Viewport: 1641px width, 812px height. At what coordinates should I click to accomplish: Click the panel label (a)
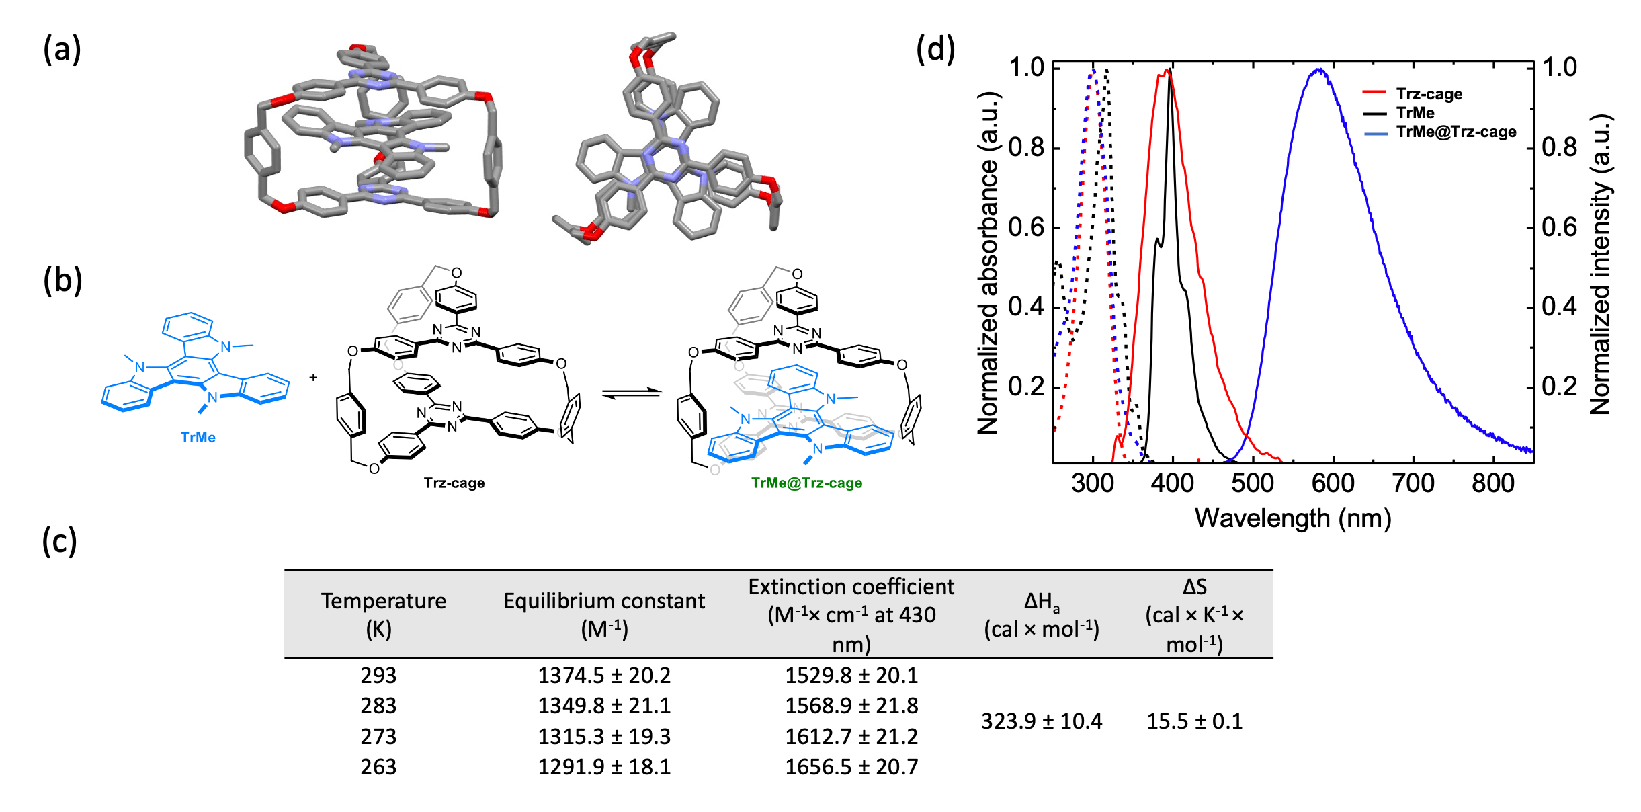pos(62,50)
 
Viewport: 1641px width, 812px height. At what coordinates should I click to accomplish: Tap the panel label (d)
pos(935,50)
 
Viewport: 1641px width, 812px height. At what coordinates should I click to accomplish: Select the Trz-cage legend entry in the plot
pos(1429,94)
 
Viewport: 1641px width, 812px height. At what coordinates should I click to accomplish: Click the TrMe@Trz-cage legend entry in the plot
pos(1456,132)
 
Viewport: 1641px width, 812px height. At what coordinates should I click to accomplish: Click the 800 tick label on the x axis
pos(1493,483)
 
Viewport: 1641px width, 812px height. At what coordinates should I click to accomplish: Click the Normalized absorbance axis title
pos(988,262)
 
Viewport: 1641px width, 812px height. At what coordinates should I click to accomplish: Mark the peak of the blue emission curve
pos(1319,70)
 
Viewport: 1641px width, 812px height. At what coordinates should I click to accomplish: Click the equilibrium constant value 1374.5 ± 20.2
pos(604,675)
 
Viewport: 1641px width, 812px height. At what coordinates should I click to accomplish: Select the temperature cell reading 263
pos(378,767)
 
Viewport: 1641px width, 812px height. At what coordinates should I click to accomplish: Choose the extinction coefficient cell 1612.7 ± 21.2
pos(851,737)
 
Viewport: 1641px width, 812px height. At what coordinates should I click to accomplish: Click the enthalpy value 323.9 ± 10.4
pos(1042,721)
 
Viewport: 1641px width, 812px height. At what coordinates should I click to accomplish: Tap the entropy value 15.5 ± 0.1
pos(1194,721)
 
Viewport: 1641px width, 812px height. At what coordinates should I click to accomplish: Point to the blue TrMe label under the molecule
pos(198,438)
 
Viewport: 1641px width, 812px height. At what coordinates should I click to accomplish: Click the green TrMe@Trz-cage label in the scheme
pos(806,483)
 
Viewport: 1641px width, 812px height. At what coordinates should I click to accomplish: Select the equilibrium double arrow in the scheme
pos(630,393)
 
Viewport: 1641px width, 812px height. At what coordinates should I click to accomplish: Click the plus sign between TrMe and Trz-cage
pos(313,378)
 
